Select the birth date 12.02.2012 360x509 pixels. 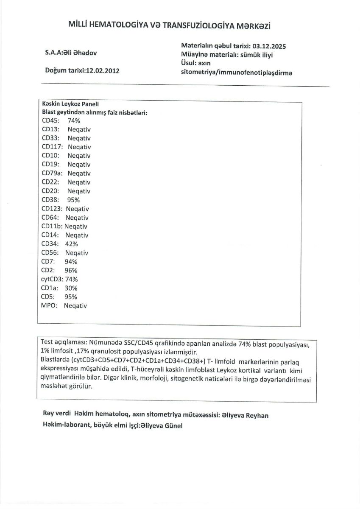(x=102, y=70)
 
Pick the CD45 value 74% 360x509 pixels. (x=74, y=120)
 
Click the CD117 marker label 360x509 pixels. (x=52, y=147)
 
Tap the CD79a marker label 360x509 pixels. (x=52, y=173)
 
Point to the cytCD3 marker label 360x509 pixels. (x=52, y=279)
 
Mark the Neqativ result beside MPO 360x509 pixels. (x=75, y=306)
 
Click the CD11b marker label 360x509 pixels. (x=52, y=227)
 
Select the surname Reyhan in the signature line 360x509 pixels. (x=256, y=415)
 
